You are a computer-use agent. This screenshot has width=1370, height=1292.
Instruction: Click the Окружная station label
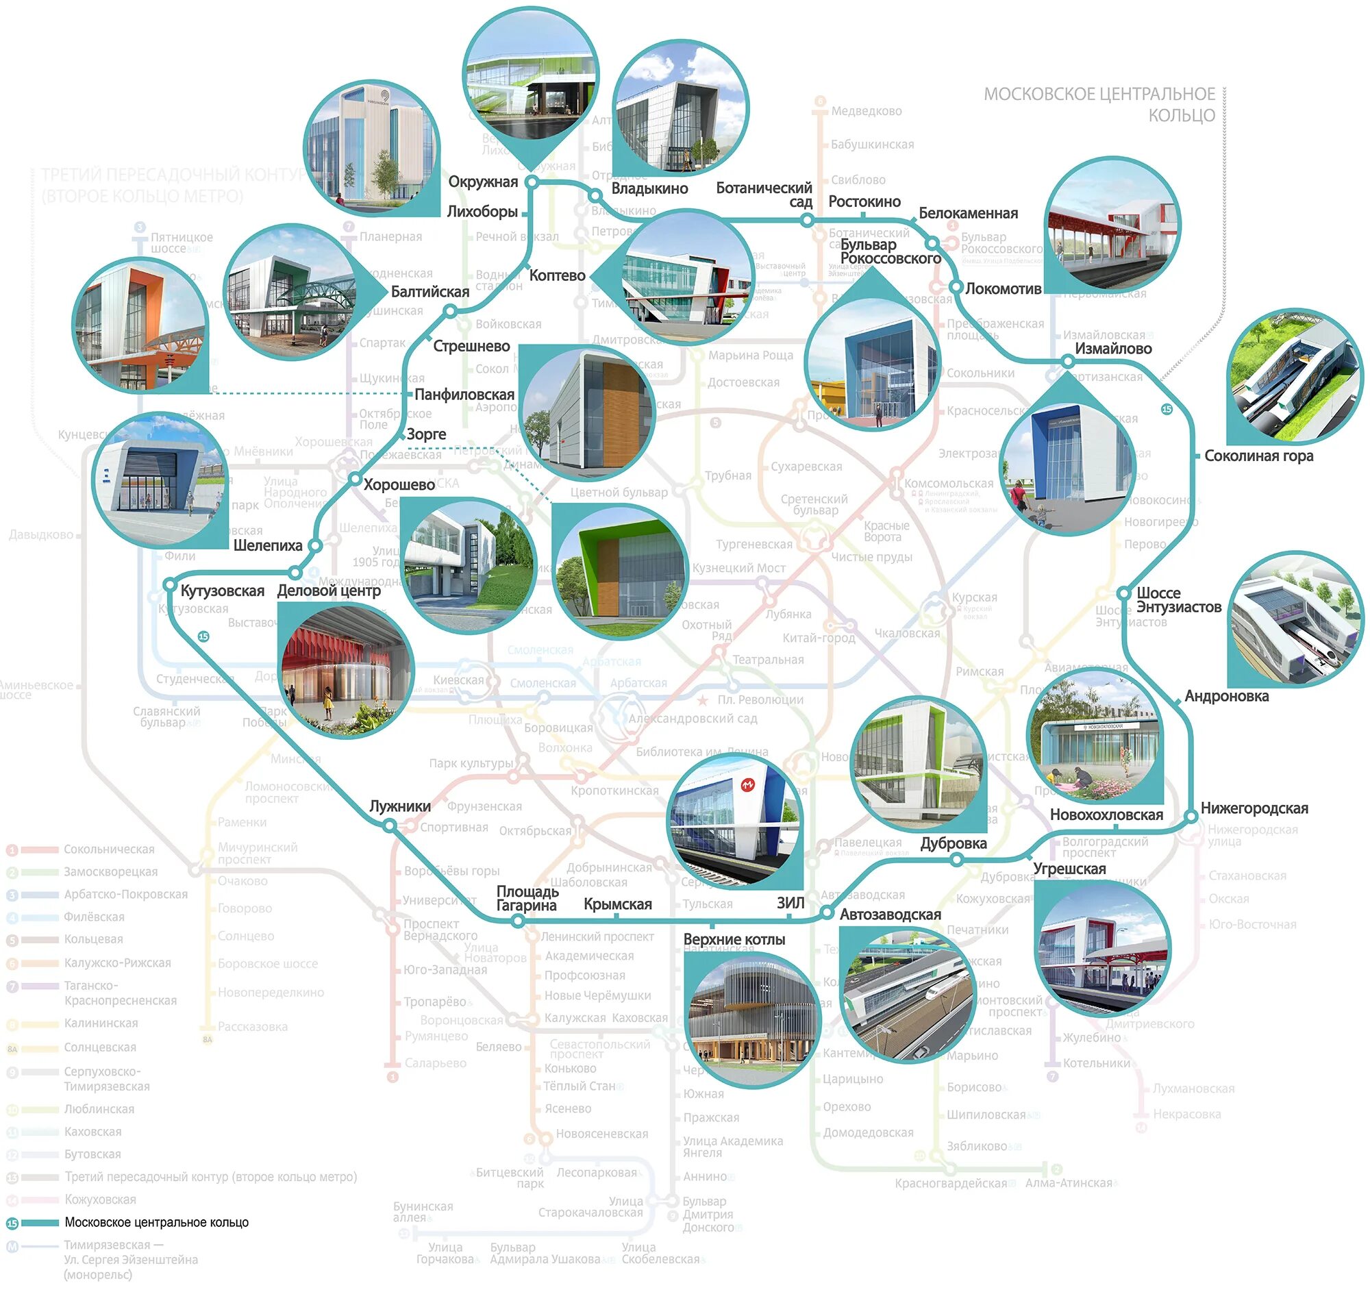pos(482,182)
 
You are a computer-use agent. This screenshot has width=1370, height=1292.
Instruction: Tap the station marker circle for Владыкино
pos(595,197)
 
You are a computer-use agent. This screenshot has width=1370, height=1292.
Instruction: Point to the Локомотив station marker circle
pos(956,287)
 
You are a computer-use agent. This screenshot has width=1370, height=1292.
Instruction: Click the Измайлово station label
pos(1113,349)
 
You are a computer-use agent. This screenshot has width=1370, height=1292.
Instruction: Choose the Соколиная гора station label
pos(1258,456)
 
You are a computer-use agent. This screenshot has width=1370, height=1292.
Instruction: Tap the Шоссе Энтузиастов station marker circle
pos(1123,593)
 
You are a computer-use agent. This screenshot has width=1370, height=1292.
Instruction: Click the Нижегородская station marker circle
pos(1191,817)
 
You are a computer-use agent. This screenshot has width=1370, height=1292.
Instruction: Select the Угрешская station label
pos(1069,869)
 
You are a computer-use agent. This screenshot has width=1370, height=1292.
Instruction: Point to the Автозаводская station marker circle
pos(827,914)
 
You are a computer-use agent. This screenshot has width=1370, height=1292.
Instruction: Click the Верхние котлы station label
pos(734,940)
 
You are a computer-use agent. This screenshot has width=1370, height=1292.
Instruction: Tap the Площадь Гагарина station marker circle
pos(519,921)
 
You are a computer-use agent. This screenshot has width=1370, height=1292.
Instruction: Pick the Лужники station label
pos(400,807)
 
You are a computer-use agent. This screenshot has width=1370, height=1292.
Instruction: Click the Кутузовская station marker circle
pos(169,585)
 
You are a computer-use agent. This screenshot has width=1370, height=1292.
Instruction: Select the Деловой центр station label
pos(329,591)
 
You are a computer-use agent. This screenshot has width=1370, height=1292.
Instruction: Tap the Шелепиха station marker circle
pos(314,546)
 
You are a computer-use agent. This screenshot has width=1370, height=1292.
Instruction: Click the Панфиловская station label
pos(464,395)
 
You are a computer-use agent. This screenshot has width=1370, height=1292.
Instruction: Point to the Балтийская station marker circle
pos(449,312)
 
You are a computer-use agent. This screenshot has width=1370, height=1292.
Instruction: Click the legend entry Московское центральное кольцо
pos(156,1223)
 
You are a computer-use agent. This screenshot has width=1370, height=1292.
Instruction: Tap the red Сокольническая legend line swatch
pos(39,850)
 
